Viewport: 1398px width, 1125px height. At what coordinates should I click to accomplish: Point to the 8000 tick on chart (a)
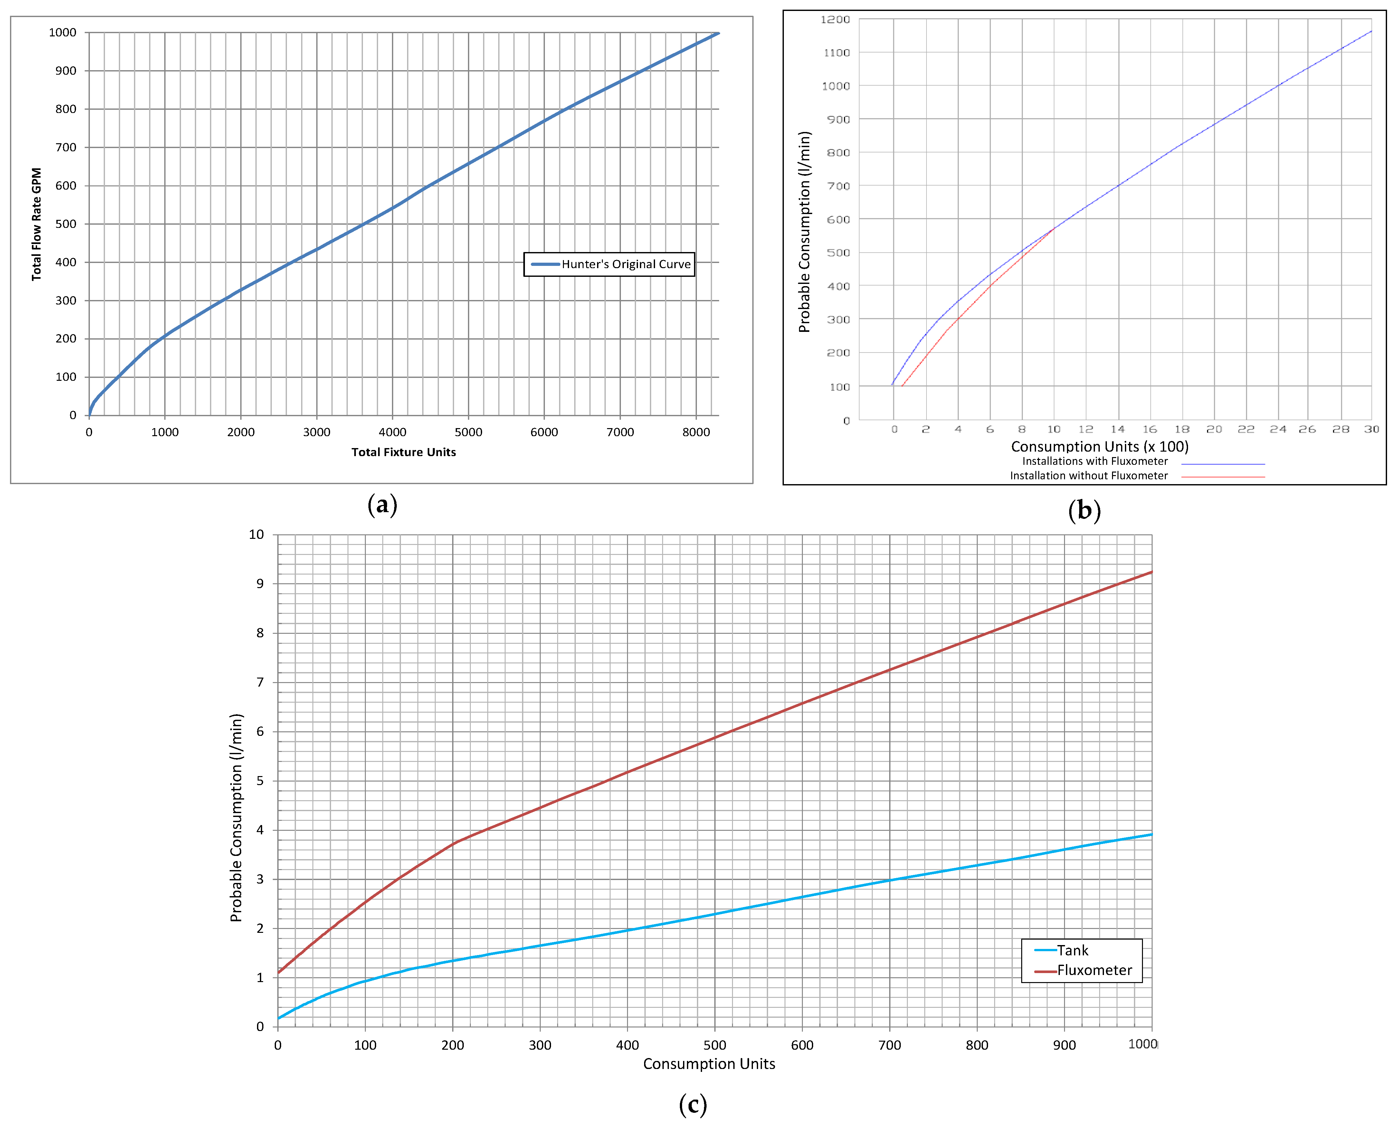(696, 432)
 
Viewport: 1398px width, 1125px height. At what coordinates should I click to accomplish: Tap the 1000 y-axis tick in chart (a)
(63, 33)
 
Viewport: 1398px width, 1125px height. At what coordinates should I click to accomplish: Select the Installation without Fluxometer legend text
(1089, 476)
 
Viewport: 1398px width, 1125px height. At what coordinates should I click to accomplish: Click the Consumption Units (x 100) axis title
(1100, 446)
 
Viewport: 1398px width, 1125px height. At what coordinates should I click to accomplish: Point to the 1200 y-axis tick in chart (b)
(835, 19)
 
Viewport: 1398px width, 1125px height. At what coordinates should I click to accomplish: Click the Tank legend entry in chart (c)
(1072, 951)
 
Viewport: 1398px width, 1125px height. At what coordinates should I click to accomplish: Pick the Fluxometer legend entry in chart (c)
(1094, 970)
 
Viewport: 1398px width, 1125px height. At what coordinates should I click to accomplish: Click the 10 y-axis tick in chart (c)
(257, 535)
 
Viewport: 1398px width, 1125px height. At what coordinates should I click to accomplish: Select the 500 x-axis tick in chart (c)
(715, 1045)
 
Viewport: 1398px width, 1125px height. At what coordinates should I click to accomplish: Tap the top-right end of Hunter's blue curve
(718, 33)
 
